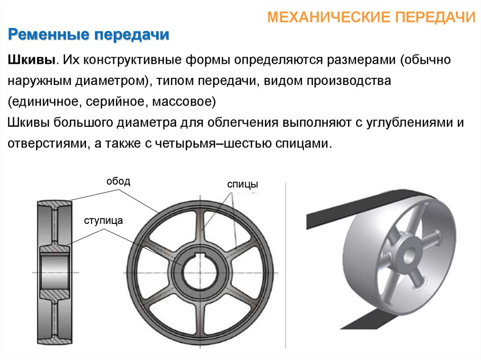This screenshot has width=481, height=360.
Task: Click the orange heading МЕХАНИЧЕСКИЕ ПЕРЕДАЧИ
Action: pyautogui.click(x=371, y=17)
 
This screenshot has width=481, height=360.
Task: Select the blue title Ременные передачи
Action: pyautogui.click(x=89, y=35)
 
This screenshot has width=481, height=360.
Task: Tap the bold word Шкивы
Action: pyautogui.click(x=31, y=60)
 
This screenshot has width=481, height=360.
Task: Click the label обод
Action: pyautogui.click(x=118, y=181)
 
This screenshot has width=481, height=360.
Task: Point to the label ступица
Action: pyautogui.click(x=103, y=221)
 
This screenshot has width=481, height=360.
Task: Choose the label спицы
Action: pyautogui.click(x=242, y=184)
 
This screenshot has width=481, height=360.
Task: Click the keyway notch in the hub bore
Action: pyautogui.click(x=201, y=256)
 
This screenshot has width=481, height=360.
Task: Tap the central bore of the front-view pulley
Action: pyautogui.click(x=201, y=273)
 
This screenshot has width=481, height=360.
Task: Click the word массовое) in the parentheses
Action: pyautogui.click(x=184, y=101)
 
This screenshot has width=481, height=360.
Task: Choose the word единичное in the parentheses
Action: pyautogui.click(x=45, y=101)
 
